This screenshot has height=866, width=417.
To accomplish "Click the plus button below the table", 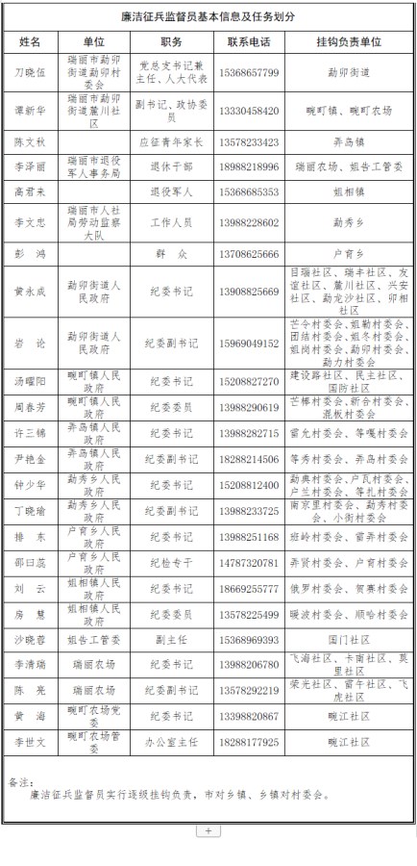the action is click(x=208, y=828).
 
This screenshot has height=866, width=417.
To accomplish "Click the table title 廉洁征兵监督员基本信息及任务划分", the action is click(x=208, y=17).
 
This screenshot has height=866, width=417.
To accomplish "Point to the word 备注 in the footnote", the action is click(x=20, y=781).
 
